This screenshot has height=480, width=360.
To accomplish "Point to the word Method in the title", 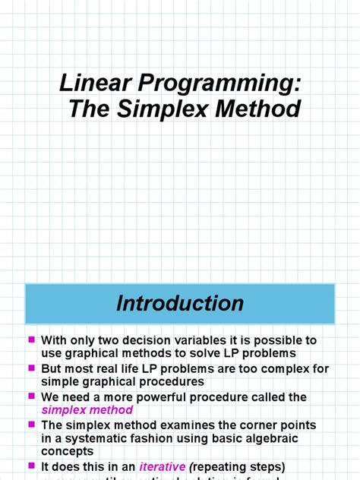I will [x=261, y=109].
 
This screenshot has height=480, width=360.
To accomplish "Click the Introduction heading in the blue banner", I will [x=180, y=304].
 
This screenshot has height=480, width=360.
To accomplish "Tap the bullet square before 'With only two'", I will [x=31, y=339].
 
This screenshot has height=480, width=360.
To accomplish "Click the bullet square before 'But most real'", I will [x=31, y=368].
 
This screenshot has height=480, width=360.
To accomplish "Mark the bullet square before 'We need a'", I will [x=31, y=396].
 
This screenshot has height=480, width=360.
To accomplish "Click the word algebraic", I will [x=287, y=437].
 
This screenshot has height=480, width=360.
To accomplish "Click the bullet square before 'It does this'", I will [x=31, y=466].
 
